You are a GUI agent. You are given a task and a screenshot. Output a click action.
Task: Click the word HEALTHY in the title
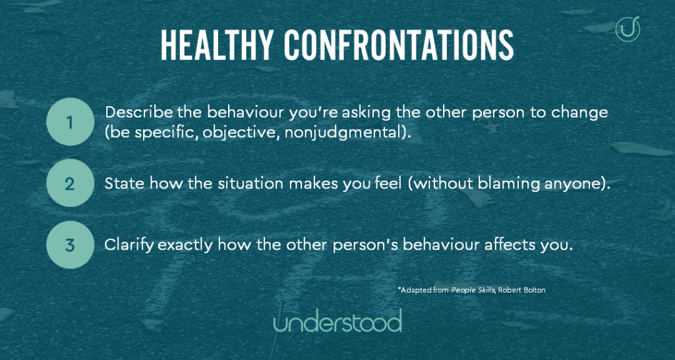[217, 45]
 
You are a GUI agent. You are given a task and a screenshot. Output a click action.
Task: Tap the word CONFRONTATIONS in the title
[399, 45]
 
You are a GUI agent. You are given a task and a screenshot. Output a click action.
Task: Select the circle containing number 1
[70, 122]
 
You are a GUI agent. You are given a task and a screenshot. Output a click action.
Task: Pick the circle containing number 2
[70, 183]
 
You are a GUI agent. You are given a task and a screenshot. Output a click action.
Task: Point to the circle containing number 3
[70, 245]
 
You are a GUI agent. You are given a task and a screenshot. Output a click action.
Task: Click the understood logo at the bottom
[337, 321]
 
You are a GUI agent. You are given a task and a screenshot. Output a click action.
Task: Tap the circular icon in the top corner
[628, 29]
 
